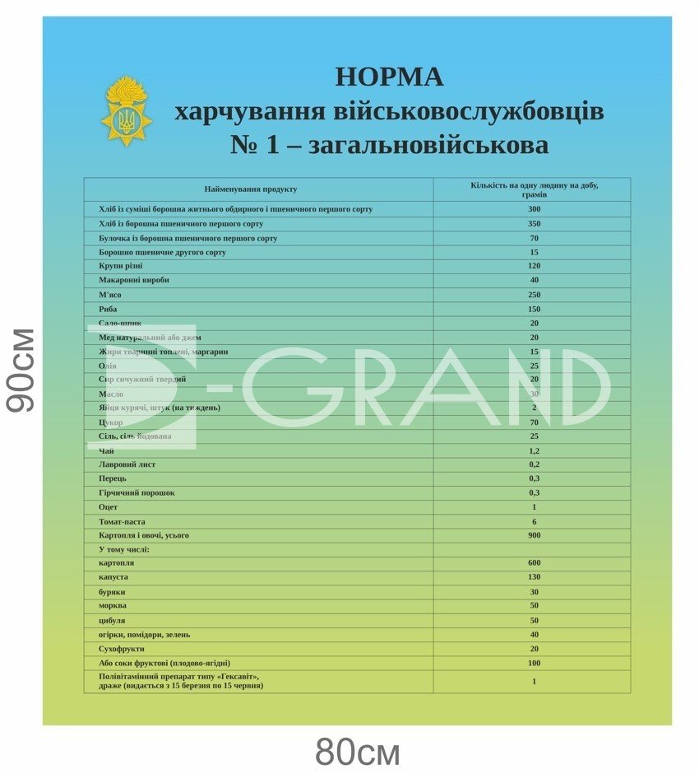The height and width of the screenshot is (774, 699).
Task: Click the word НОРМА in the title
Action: click(x=389, y=77)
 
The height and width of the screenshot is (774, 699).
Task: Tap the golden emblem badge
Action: click(x=126, y=111)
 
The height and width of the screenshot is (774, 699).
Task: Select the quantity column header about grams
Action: click(x=534, y=189)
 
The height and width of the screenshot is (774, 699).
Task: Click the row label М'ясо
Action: click(x=110, y=294)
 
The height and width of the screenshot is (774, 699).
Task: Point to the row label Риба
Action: click(x=108, y=309)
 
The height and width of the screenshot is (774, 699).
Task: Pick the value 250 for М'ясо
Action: click(x=534, y=294)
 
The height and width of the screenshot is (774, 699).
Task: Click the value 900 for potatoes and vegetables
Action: click(x=534, y=535)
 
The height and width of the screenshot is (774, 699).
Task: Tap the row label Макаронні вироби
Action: click(x=133, y=280)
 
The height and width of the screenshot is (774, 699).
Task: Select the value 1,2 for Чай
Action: click(x=534, y=450)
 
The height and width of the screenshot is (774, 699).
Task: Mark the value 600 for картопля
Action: click(x=534, y=563)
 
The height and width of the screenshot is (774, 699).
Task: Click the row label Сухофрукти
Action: click(x=122, y=649)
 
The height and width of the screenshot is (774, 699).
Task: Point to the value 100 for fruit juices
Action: click(x=534, y=663)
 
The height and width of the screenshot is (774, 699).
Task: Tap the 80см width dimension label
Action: click(x=357, y=752)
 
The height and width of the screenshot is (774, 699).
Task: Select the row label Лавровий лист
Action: click(x=127, y=464)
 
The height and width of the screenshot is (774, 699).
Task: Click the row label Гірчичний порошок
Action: click(x=137, y=492)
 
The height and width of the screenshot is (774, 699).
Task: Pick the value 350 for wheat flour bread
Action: click(x=534, y=223)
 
